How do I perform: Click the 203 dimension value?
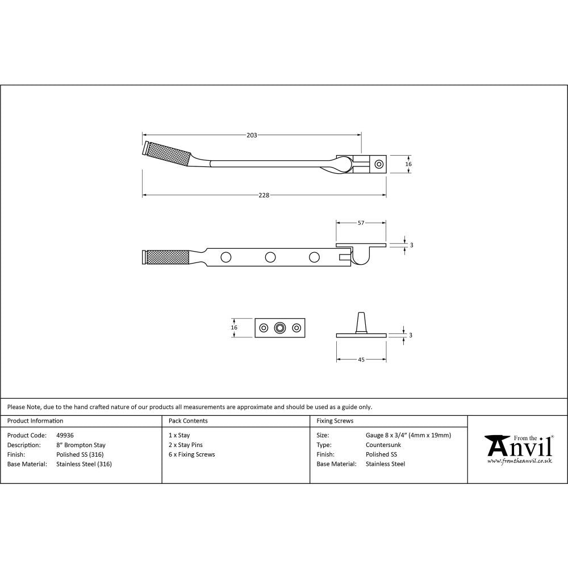[x=252, y=135]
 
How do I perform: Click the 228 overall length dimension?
[x=264, y=195]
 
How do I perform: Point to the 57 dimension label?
[x=361, y=223]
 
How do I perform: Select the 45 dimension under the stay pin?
[x=361, y=360]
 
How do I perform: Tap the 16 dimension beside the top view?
[x=408, y=164]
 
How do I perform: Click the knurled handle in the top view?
[x=168, y=152]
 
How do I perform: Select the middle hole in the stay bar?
[x=270, y=257]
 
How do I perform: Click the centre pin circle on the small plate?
[x=279, y=328]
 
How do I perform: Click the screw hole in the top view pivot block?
[x=378, y=164]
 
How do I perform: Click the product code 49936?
[x=65, y=435]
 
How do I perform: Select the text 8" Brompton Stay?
[x=81, y=445]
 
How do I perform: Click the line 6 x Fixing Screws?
[x=192, y=454]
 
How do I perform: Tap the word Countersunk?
[x=383, y=445]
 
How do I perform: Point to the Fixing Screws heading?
[x=335, y=421]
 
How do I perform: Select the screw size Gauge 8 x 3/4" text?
[x=408, y=435]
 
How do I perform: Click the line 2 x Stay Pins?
[x=186, y=445]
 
